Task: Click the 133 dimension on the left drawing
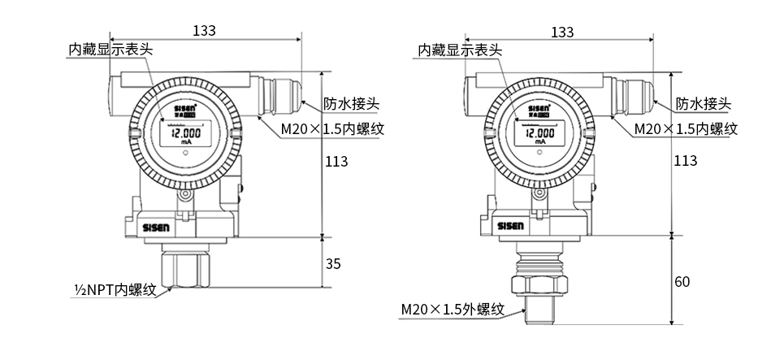(x=204, y=31)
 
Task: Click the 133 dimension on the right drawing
(x=561, y=32)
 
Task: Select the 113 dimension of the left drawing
(x=336, y=161)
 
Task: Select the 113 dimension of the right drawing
(x=686, y=161)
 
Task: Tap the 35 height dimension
(x=334, y=263)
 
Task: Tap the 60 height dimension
(x=682, y=282)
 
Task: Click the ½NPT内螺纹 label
(x=115, y=289)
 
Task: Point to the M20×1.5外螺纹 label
(x=453, y=310)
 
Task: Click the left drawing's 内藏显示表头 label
(x=110, y=50)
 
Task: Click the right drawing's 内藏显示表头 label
(x=460, y=50)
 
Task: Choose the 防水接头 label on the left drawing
(x=351, y=104)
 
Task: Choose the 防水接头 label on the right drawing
(x=704, y=104)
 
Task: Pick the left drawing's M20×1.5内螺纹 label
(x=332, y=128)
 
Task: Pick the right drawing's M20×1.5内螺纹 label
(x=685, y=128)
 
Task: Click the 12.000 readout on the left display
(x=187, y=132)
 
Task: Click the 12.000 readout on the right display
(x=537, y=132)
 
